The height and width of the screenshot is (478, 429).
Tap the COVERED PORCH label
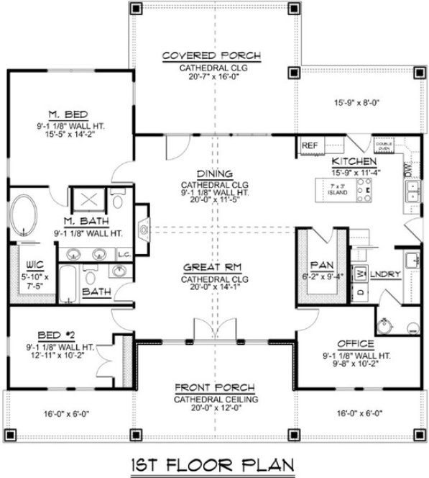(211, 56)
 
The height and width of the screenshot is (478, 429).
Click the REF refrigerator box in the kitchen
(310, 145)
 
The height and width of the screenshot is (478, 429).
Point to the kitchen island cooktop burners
(364, 188)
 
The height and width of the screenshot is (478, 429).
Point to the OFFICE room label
(354, 343)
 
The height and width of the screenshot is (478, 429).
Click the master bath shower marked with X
(91, 199)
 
